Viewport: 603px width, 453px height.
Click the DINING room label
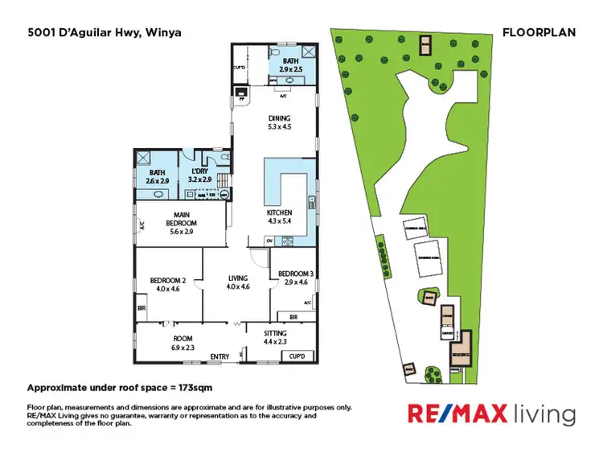pos(279,118)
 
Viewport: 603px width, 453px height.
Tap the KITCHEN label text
pos(279,212)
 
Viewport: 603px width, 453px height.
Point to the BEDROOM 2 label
pos(168,280)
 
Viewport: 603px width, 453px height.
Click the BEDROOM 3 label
pos(293,274)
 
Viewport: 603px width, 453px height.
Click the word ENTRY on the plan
pos(219,356)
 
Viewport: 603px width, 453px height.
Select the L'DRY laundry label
pos(199,171)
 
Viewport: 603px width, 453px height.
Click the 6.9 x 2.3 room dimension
pos(183,348)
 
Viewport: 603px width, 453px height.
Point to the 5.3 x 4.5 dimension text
pos(279,126)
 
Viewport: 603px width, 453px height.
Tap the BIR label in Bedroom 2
pos(142,307)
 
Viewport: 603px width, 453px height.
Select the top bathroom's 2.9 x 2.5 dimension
pos(290,70)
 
